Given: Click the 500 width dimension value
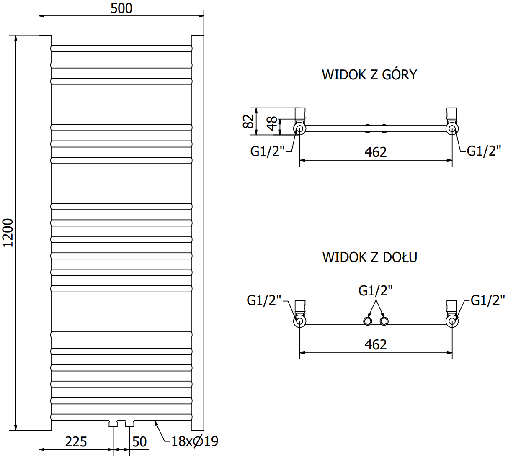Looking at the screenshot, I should pos(121,8).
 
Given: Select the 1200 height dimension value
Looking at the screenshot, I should pos(8,232).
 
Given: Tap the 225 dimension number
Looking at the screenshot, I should pos(76,441).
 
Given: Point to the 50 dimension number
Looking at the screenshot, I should pos(139,441).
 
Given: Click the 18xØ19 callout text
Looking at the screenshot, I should pos(195,441).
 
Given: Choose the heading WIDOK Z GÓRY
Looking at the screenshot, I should pos(369,75).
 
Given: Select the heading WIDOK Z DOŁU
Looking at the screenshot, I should pos(370,257).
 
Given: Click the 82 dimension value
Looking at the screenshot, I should pos(248,121).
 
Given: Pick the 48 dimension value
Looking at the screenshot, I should pos(272,123).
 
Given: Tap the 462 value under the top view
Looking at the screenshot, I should pos(376,152).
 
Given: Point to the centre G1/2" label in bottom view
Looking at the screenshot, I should pos(376,290).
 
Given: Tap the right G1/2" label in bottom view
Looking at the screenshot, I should pos(487,300).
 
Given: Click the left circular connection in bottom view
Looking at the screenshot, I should pos(300,321).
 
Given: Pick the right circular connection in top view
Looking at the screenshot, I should pos(451,128).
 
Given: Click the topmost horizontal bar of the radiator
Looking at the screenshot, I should pos(121,49).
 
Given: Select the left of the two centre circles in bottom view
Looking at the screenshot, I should pos(367,321).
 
